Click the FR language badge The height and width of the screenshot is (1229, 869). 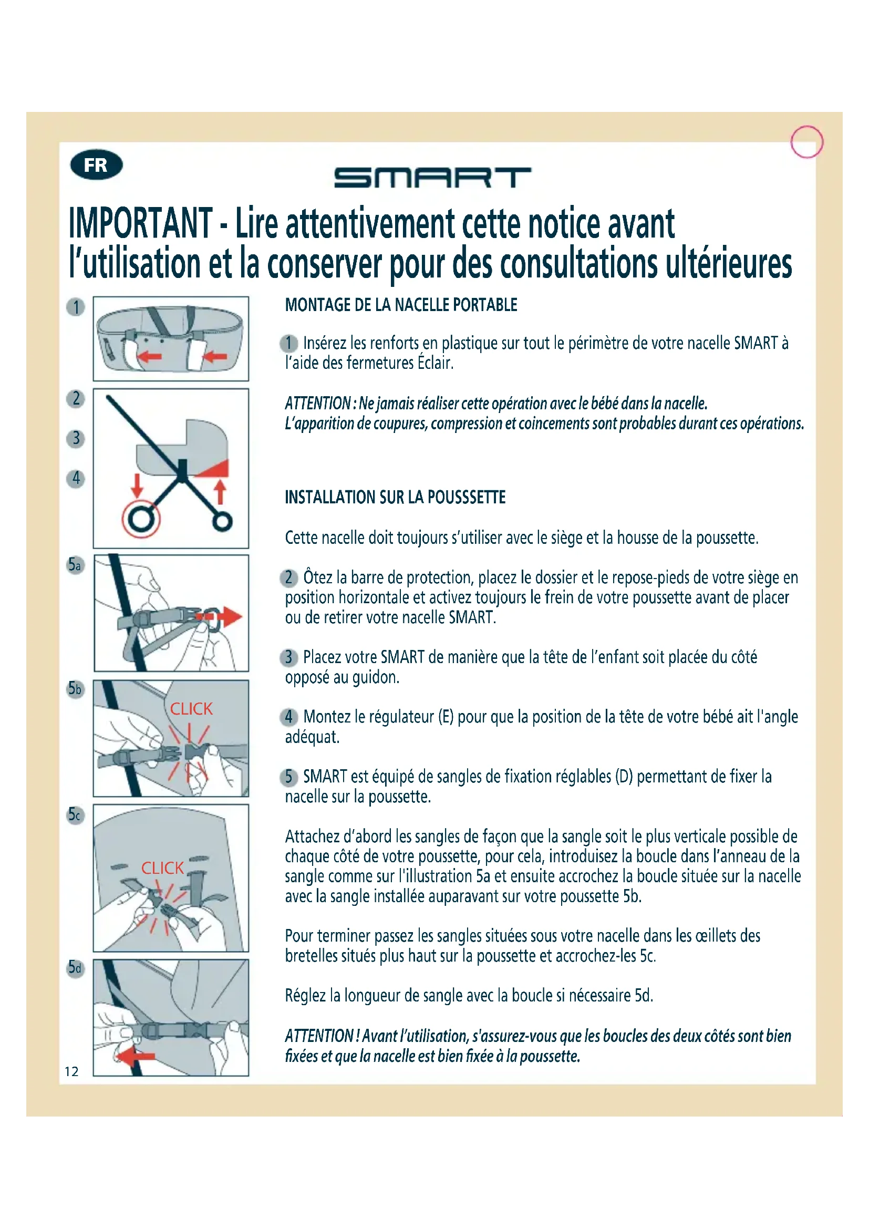96,166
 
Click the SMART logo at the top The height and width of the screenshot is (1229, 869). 432,178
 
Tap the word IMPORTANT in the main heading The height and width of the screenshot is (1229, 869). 141,224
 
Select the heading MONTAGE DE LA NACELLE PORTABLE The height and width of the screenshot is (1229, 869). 401,305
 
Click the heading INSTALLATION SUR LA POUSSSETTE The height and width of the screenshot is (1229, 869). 395,497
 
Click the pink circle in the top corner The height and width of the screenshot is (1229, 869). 807,142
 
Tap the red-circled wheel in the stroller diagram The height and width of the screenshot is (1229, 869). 141,519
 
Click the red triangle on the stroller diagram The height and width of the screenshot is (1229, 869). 212,468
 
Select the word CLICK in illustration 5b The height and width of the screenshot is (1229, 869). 191,709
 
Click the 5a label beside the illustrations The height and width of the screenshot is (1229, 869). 76,565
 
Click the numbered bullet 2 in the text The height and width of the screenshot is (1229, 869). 289,578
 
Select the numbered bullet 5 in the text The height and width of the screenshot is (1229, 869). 289,777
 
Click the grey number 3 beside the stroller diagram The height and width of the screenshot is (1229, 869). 76,438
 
